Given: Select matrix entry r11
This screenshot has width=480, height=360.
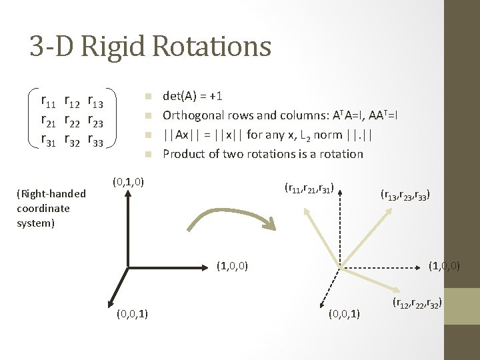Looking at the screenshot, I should click(49, 101).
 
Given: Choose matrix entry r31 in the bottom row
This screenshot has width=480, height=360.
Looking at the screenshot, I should click(49, 140).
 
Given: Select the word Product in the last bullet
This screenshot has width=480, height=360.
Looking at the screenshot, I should click(183, 154).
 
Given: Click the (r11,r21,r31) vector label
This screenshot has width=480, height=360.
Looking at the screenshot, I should click(309, 189).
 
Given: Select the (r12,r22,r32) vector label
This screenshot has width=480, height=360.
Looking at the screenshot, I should click(417, 305).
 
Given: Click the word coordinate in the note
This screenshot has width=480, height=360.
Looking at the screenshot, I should click(43, 208).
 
